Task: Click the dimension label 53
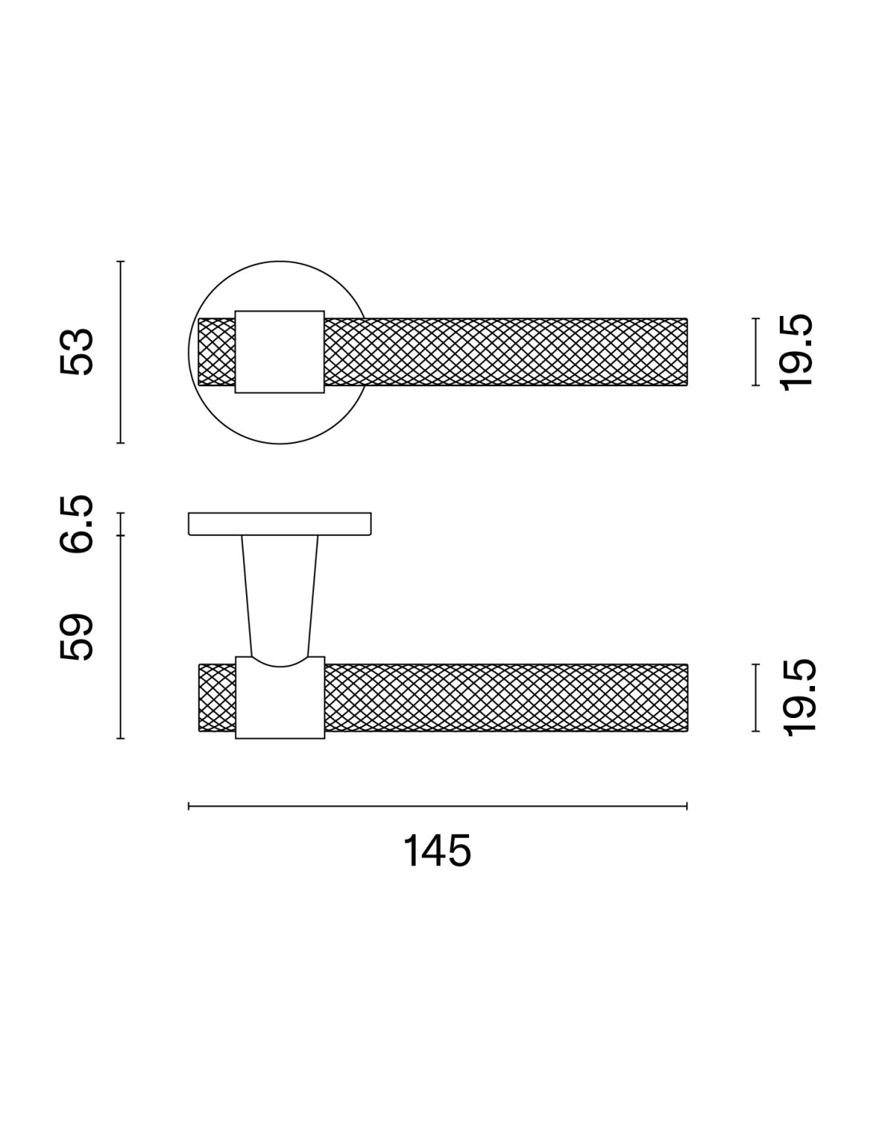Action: pyautogui.click(x=77, y=352)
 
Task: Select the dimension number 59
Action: pyautogui.click(x=77, y=637)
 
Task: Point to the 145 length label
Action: pyautogui.click(x=437, y=851)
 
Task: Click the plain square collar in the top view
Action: pyautogui.click(x=279, y=352)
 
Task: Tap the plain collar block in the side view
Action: pyautogui.click(x=280, y=697)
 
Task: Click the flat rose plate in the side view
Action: pyautogui.click(x=280, y=524)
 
